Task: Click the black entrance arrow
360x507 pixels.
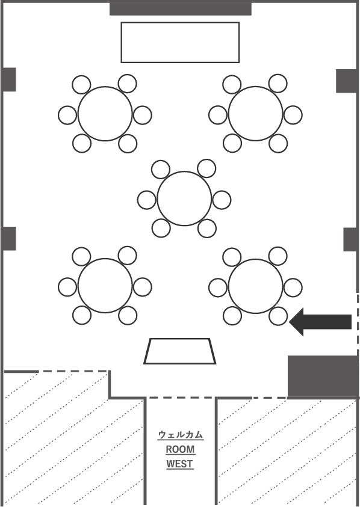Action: (x=320, y=322)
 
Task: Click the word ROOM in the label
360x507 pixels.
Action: (x=181, y=449)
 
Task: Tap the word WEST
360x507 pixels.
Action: (x=179, y=464)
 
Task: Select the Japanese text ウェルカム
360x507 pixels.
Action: (x=181, y=435)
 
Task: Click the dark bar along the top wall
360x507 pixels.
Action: (x=181, y=9)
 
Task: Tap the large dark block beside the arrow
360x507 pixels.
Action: (x=323, y=376)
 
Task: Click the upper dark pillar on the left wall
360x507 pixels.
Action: (x=9, y=79)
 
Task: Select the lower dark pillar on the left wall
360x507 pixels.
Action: (x=9, y=239)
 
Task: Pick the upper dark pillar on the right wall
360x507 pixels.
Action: (x=347, y=81)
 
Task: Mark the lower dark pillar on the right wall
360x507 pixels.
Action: (x=350, y=239)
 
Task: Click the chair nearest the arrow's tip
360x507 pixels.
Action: (x=278, y=316)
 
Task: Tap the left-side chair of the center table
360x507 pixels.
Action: (x=147, y=200)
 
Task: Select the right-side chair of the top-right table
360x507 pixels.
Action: (x=293, y=115)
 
